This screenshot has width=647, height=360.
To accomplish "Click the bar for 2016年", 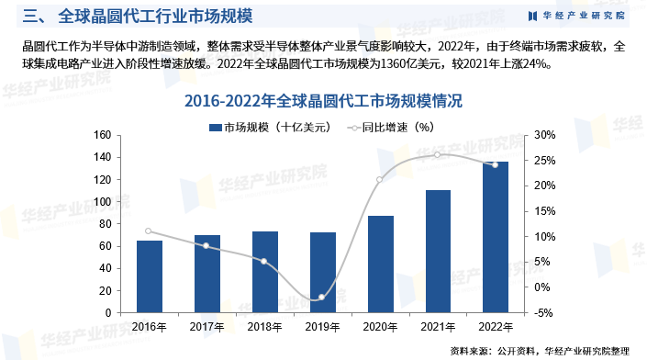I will (149, 276).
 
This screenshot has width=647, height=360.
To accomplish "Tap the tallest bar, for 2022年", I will (496, 237).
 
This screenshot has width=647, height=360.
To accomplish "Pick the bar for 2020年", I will (380, 264).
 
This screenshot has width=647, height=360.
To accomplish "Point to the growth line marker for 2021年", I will (438, 154).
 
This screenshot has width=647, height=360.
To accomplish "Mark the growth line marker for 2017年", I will (206, 245).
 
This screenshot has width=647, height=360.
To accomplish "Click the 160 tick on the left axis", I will (103, 135).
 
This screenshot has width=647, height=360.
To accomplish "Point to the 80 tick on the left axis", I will (106, 224).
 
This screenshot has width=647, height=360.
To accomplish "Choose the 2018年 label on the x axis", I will (264, 327).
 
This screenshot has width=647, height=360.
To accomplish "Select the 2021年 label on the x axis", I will (438, 327).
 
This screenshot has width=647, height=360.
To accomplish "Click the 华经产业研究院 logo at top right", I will (577, 16).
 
